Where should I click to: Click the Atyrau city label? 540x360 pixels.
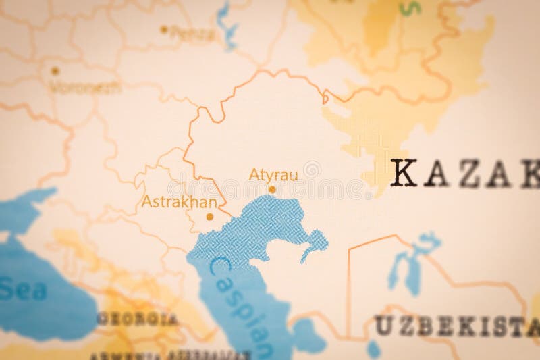point(273,174)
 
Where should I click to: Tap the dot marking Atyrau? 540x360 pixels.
point(272,190)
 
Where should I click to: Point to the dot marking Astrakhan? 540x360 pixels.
point(209,217)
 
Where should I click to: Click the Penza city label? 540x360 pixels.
point(184,32)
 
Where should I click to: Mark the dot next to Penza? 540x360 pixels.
point(163,30)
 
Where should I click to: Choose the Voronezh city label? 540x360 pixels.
point(85,86)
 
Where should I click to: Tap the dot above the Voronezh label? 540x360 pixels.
point(55,70)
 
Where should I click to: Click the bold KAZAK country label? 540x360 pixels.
point(466,174)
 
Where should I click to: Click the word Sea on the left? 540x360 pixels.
point(23,290)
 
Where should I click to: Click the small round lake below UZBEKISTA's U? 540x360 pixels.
point(373,349)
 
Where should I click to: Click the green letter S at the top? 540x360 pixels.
point(408,7)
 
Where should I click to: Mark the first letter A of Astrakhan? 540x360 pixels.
point(147,201)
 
